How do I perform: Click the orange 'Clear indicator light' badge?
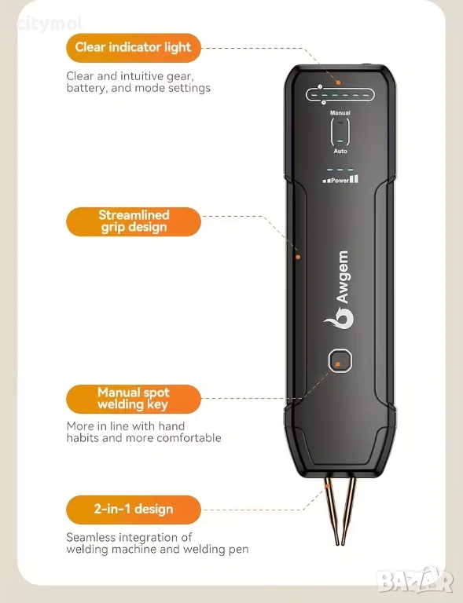(134, 48)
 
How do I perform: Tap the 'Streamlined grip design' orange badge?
(134, 221)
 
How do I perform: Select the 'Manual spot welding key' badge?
(134, 399)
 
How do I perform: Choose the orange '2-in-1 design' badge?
(134, 510)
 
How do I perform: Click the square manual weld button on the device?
(340, 360)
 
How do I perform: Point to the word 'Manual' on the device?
(340, 113)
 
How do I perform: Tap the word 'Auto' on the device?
(340, 151)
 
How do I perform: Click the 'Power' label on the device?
(340, 180)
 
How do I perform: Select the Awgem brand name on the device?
(342, 277)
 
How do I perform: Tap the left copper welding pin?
(332, 510)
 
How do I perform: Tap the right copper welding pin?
(349, 510)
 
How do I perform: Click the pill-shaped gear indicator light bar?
(340, 94)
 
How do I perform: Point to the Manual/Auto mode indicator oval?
(340, 132)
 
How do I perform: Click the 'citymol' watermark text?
(50, 24)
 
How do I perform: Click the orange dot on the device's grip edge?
(298, 257)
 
